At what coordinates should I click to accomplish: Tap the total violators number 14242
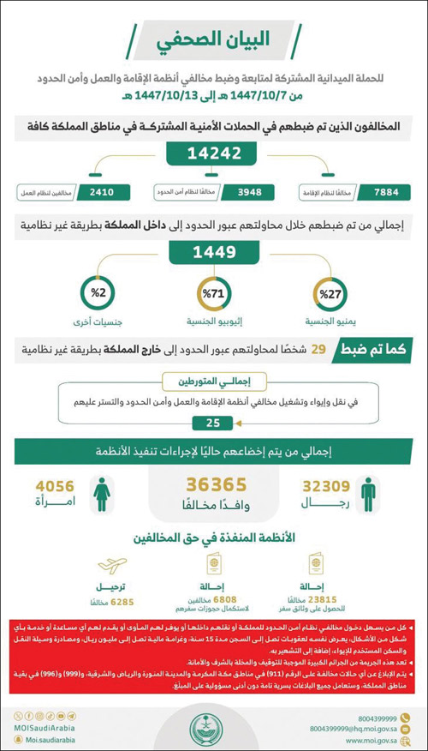(213, 155)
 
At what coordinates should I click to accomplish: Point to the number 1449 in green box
(213, 255)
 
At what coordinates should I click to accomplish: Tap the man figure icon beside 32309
(367, 496)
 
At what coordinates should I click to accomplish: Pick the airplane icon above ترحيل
(110, 567)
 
